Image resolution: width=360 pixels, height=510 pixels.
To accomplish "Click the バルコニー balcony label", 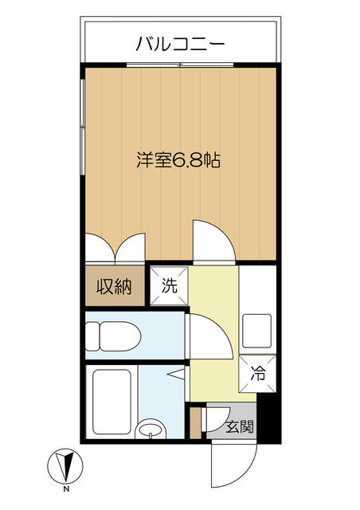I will [x=180, y=43].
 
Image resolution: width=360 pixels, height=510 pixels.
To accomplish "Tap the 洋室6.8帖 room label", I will [x=178, y=159].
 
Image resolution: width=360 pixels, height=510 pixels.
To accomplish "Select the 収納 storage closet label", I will [x=114, y=286].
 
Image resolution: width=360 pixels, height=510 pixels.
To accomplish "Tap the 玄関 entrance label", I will [x=240, y=426].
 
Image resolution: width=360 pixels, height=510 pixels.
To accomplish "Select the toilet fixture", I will [x=111, y=335].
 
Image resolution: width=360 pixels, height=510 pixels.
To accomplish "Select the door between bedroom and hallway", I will [x=213, y=243].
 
